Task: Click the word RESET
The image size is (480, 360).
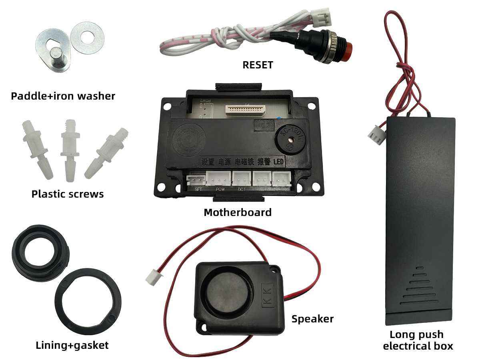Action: tap(258, 65)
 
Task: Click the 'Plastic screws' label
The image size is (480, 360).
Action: tap(68, 194)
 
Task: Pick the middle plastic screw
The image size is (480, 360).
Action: tap(69, 148)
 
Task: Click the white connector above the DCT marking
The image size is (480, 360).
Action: tap(241, 178)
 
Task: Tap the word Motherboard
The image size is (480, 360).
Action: tap(238, 212)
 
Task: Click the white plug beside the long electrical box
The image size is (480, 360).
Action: tap(377, 134)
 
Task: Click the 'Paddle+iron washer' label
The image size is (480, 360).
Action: tap(63, 96)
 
